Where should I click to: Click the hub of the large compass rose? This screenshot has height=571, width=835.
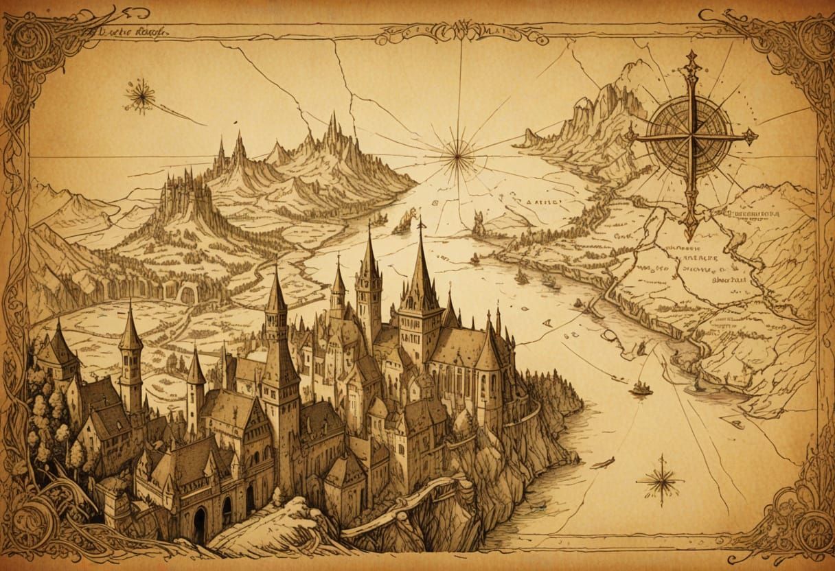coord(691,136)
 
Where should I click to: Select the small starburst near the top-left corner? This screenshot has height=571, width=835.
coord(140,95)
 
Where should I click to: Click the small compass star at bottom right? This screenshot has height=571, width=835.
coord(661,480)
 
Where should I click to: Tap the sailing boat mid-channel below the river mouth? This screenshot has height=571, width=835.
coord(640,388)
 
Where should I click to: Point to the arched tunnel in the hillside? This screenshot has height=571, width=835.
coord(187,294)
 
